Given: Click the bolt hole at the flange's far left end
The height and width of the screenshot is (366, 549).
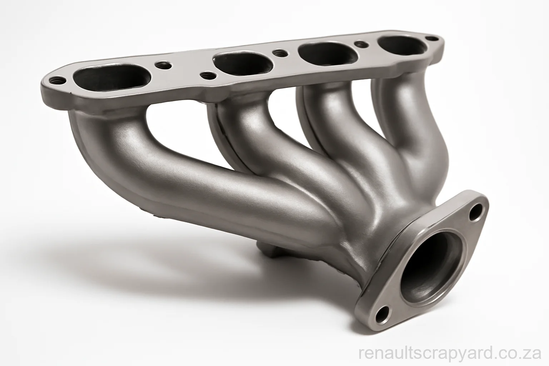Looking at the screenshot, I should coord(55,80).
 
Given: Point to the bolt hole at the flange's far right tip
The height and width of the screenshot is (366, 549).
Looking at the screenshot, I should coord(434,37).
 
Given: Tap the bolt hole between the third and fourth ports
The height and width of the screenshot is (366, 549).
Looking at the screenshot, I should coord(360,44).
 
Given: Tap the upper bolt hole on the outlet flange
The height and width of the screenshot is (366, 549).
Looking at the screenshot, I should coord(474,211).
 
